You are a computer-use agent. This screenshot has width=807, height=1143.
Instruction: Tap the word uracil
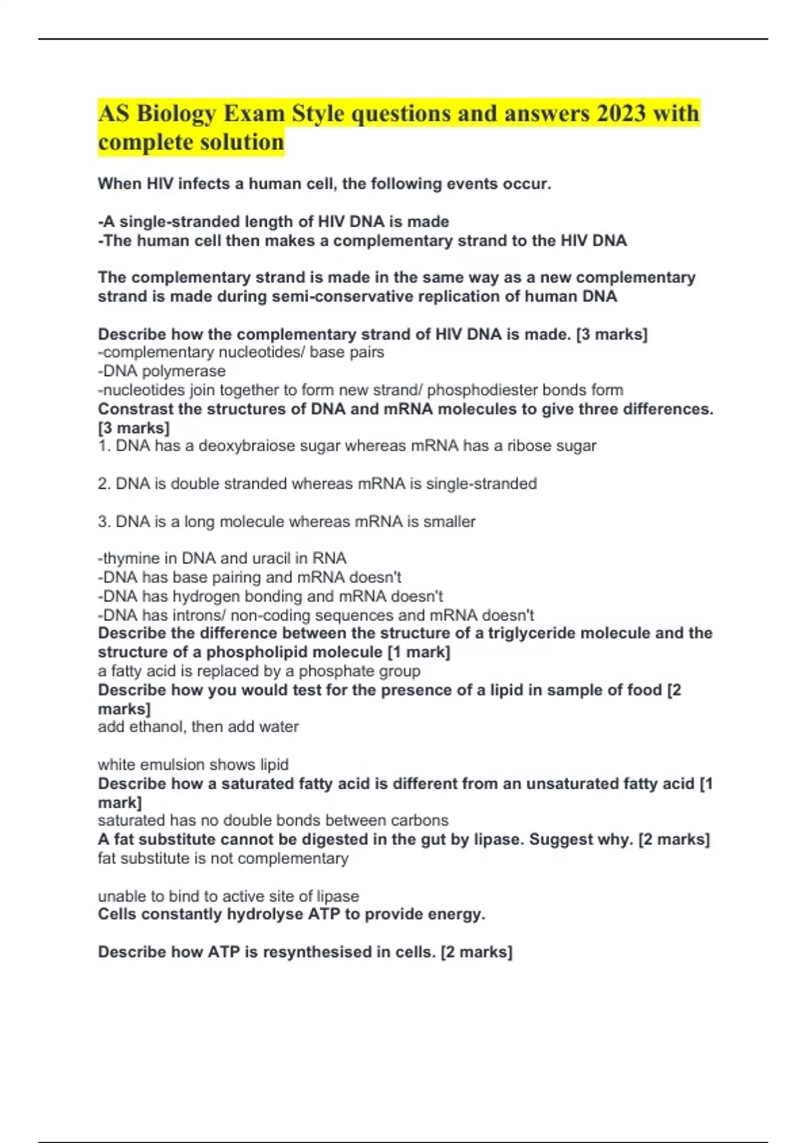click(273, 558)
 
